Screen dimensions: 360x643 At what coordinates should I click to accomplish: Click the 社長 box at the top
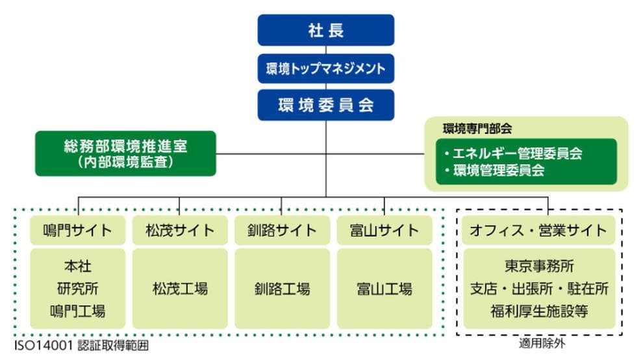click(325, 30)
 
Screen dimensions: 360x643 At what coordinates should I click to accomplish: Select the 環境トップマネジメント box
click(325, 68)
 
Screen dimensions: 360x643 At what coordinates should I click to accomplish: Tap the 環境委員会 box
click(325, 105)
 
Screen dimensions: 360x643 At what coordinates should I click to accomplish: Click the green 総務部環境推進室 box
click(125, 153)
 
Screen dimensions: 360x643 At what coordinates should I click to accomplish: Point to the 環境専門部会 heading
click(477, 129)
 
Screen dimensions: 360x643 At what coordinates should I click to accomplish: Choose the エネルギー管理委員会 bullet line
click(513, 154)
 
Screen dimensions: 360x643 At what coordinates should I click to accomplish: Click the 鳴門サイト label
click(77, 230)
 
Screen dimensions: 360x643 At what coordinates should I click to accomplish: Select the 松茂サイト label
click(180, 230)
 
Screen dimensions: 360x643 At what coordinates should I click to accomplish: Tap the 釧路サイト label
click(282, 230)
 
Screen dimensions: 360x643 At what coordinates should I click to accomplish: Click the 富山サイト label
click(385, 230)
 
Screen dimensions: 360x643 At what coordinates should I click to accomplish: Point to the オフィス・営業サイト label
click(539, 230)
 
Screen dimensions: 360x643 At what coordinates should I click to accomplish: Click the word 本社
click(77, 266)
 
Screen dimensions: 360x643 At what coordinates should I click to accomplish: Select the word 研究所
click(77, 289)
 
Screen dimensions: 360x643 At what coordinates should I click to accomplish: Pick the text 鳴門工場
click(77, 311)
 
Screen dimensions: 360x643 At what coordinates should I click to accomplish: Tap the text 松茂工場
click(180, 289)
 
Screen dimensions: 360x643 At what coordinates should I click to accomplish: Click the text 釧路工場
click(282, 289)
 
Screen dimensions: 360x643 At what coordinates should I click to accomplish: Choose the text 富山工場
click(385, 289)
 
